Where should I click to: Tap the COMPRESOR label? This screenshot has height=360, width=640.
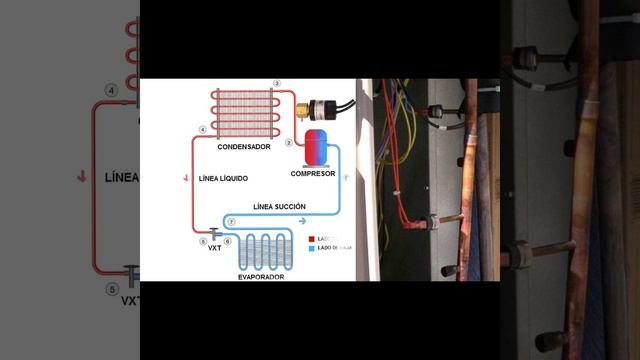[313, 173]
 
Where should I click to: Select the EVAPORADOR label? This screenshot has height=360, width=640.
[261, 275]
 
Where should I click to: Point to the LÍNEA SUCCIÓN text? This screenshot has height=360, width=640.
[280, 206]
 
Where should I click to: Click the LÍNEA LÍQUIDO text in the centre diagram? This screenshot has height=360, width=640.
[223, 179]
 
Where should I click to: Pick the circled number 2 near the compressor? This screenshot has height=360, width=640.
[289, 143]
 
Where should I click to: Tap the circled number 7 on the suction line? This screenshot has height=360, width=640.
[231, 221]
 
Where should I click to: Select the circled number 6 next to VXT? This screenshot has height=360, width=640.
[228, 241]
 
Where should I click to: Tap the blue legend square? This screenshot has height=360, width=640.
[311, 248]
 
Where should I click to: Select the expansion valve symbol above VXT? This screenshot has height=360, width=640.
[215, 233]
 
